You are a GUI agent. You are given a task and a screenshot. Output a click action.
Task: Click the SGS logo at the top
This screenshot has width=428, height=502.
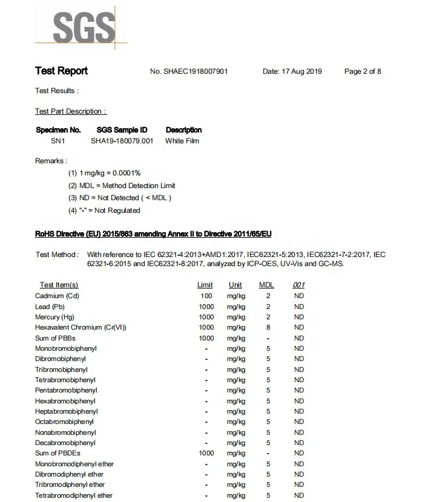[83, 27]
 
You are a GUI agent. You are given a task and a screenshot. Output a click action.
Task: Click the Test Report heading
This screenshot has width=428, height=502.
[61, 71]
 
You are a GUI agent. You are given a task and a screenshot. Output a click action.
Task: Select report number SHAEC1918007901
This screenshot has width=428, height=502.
[189, 72]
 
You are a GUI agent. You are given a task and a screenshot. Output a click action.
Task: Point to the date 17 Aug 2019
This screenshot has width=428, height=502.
[292, 72]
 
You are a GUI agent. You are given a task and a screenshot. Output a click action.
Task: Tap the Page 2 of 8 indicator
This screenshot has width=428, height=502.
[363, 72]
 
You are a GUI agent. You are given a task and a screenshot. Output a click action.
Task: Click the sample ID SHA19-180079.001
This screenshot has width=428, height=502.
[122, 141]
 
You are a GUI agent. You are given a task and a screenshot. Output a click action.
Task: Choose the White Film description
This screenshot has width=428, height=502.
[182, 141]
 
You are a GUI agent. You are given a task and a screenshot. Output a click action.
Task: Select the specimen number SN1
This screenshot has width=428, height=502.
[58, 141]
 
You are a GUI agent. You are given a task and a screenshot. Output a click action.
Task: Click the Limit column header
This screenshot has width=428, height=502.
[205, 285]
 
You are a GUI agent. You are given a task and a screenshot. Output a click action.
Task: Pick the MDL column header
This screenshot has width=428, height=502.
[267, 285]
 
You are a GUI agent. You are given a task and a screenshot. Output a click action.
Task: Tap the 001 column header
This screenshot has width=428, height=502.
[299, 285]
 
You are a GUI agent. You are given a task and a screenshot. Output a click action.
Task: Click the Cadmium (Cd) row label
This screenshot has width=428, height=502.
[58, 296]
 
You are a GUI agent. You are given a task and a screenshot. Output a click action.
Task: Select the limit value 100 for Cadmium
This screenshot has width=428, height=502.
[206, 296]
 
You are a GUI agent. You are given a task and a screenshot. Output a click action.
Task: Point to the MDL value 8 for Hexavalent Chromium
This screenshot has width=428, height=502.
[268, 327]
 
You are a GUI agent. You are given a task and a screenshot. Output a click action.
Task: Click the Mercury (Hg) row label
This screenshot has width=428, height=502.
[56, 317]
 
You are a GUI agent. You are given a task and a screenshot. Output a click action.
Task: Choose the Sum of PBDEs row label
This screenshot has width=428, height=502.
[58, 453]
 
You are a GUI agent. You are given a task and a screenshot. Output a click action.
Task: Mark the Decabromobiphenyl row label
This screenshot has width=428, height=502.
[65, 443]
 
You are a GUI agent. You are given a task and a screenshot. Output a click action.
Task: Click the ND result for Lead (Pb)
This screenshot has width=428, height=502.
[299, 307]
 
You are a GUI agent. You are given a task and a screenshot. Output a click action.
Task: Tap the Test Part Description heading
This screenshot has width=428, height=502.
[70, 111]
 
